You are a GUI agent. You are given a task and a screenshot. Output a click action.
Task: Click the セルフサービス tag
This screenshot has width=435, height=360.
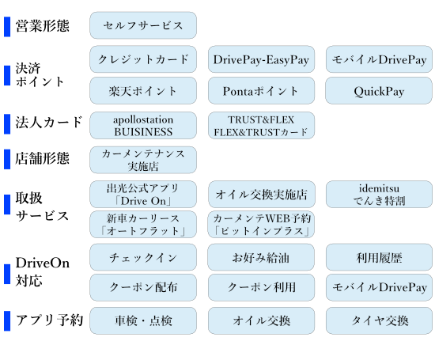coord(143,25)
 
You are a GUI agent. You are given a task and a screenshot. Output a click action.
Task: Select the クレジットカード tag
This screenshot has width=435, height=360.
coord(143,59)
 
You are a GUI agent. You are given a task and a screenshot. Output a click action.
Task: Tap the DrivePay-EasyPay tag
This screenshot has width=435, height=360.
coord(261,59)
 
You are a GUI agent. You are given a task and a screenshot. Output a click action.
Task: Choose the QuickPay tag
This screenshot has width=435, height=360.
coord(379,91)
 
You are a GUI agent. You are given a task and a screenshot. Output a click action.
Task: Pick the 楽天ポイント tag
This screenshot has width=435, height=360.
coord(143,91)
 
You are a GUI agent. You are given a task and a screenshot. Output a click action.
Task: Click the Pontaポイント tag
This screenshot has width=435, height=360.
coord(261,91)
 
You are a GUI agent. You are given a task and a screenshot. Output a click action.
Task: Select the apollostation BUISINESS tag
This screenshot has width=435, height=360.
coord(143,126)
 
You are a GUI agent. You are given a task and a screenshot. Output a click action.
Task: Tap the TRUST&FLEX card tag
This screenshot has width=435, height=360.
coord(261,126)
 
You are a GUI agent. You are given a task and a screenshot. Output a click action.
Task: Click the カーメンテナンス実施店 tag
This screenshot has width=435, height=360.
coord(143,160)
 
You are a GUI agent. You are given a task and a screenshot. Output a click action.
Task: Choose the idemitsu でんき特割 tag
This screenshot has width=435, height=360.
coord(379,195)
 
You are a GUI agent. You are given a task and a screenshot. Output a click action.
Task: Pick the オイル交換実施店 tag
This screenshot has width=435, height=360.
coord(261,195)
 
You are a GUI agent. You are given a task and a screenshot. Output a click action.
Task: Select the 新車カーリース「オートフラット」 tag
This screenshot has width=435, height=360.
coord(143,224)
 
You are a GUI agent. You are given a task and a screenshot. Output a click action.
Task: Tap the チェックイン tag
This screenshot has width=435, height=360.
coord(143,257)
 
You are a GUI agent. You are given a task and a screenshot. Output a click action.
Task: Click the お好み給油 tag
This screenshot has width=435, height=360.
coord(261,257)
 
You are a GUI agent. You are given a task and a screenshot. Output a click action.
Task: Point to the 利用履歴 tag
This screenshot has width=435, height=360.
coord(379,257)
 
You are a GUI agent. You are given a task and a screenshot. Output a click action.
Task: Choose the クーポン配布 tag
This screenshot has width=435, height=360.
coord(143,287)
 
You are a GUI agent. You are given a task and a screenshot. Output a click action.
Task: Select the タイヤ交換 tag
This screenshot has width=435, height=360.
coord(379,320)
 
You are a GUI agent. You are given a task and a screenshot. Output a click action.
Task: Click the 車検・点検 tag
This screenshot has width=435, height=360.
coord(143,320)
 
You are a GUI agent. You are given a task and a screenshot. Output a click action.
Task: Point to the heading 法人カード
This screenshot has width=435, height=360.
coord(49,123)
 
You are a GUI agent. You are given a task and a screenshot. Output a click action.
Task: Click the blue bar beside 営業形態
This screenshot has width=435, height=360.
coord(7,27)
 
